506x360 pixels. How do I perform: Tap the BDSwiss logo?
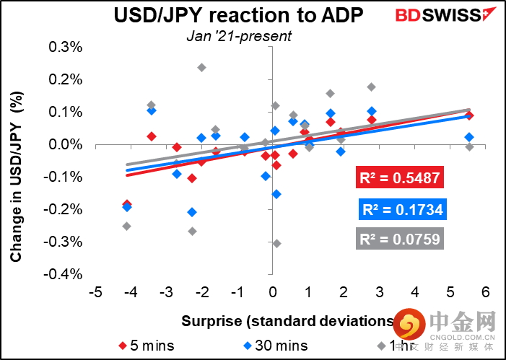[438, 14]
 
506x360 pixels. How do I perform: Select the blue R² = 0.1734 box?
[401, 210]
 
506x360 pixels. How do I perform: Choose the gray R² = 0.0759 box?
[401, 239]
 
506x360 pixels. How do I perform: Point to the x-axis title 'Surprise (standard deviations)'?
[289, 320]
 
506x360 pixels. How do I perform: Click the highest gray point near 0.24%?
[201, 68]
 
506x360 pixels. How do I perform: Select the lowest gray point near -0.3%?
[276, 243]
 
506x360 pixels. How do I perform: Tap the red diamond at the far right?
[469, 115]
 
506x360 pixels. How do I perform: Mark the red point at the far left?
[127, 204]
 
